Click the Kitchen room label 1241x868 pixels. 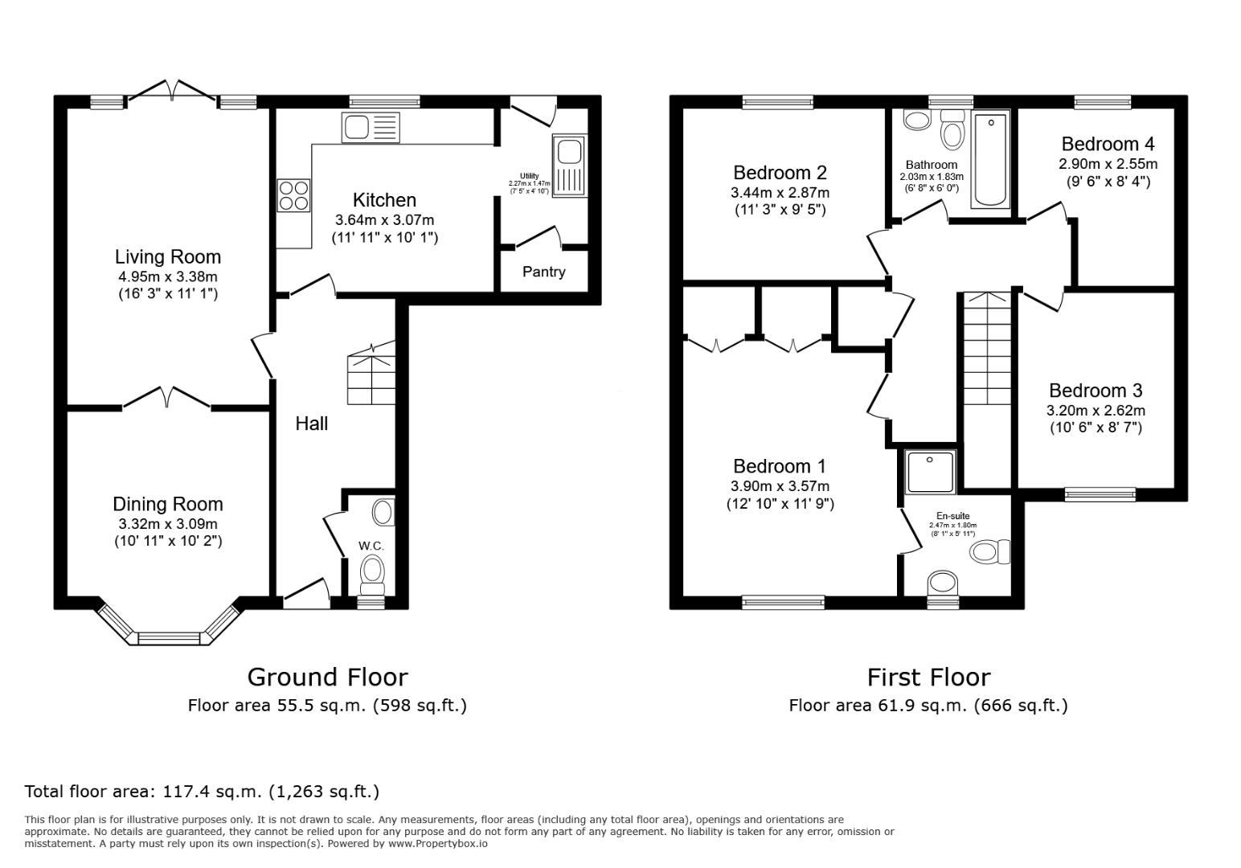[384, 200]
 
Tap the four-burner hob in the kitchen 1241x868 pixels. [293, 194]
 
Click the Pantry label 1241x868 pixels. [543, 272]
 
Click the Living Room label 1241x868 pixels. [167, 257]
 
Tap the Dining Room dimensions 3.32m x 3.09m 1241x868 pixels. [167, 523]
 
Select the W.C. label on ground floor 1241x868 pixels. [371, 546]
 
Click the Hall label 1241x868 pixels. [311, 424]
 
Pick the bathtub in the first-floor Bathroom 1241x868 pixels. [989, 159]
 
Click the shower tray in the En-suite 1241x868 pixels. [930, 472]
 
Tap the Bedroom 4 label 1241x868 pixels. [1108, 144]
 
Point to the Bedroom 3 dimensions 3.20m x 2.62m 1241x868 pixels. [1095, 411]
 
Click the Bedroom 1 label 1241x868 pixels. [779, 466]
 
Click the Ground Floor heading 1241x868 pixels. [327, 677]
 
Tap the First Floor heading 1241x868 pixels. [928, 677]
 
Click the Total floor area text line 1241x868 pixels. [202, 791]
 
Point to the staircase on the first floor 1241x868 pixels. [986, 349]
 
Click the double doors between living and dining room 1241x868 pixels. [167, 398]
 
